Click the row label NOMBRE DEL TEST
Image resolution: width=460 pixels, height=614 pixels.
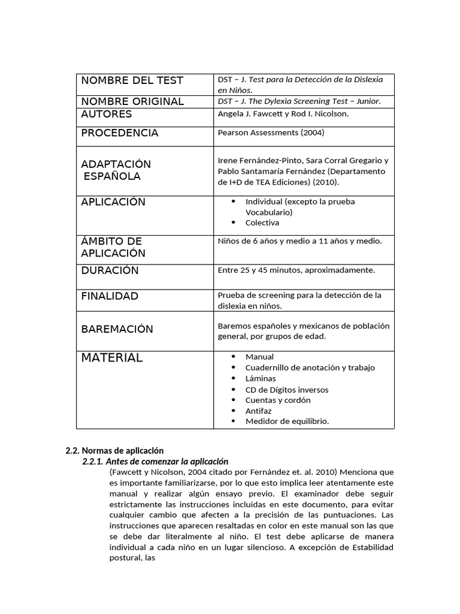132,80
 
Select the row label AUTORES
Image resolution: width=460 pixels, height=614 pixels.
107,114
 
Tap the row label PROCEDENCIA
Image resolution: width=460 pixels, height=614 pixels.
120,133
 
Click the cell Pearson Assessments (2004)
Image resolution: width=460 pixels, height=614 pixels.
271,133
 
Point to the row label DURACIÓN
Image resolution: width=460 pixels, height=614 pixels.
110,270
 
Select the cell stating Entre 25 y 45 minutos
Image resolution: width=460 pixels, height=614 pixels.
296,270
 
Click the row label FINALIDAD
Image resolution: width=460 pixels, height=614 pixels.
110,296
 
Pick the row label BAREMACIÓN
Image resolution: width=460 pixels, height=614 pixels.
117,329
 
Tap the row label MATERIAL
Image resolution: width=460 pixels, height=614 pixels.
112,358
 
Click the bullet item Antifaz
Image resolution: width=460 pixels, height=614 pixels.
259,411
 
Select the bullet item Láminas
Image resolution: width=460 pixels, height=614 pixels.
261,378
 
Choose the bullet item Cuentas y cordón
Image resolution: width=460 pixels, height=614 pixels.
278,400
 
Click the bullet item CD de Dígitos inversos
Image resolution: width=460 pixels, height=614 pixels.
287,390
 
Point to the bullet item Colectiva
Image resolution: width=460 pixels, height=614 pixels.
262,223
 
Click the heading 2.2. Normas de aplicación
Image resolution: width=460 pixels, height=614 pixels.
114,450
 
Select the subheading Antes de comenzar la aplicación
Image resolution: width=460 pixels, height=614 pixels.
155,462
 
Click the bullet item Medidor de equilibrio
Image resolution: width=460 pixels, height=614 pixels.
287,422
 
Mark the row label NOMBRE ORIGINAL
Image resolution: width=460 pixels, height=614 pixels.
132,101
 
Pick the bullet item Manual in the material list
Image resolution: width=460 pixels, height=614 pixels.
259,357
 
